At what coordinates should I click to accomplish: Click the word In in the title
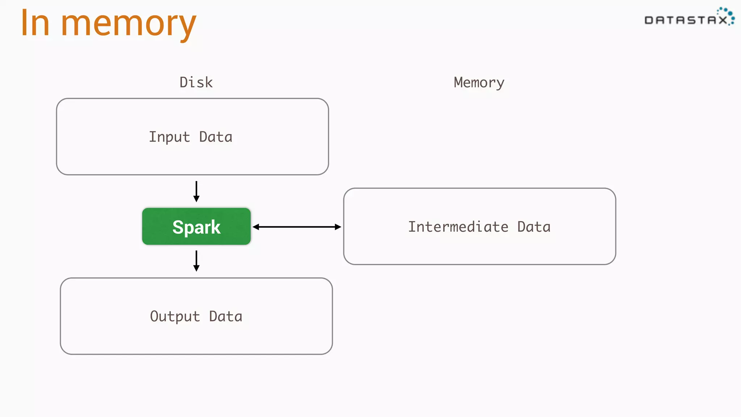click(35, 24)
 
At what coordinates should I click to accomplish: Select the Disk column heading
click(196, 83)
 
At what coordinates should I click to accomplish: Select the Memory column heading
click(479, 83)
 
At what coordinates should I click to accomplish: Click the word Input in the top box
click(169, 137)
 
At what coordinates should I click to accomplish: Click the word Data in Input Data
click(216, 137)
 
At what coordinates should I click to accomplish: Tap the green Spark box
click(196, 227)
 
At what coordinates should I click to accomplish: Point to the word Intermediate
click(458, 227)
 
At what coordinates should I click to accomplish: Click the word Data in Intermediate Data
click(534, 227)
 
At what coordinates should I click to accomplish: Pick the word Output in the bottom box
click(175, 317)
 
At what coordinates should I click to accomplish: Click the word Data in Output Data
click(225, 317)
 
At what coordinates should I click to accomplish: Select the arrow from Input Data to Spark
click(196, 191)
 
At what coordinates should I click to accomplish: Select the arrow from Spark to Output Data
click(196, 261)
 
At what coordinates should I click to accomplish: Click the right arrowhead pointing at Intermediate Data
click(338, 227)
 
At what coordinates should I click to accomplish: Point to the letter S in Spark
click(178, 228)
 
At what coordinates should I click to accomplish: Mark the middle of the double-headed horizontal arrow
click(297, 227)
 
